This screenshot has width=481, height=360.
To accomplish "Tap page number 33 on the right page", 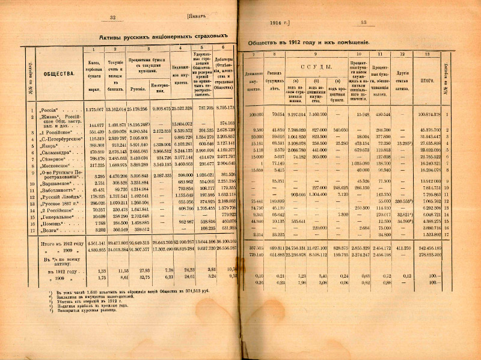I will [363, 23].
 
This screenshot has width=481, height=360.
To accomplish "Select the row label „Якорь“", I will [48, 127].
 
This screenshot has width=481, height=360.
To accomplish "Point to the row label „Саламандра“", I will [53, 135].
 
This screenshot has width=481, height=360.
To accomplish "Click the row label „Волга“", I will [48, 228].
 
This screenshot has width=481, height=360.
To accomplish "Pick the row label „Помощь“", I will [49, 221].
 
